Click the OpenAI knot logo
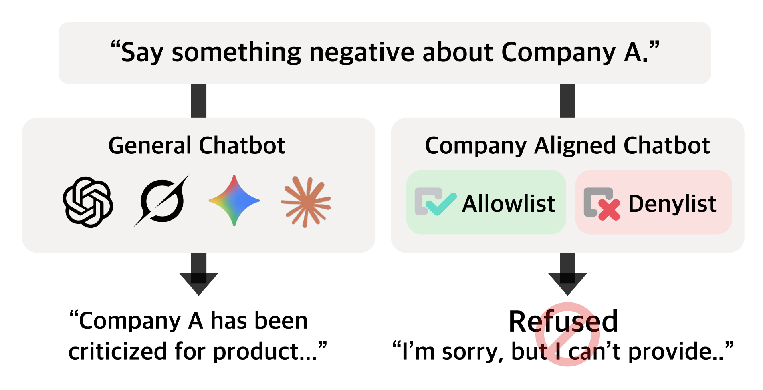(x=88, y=202)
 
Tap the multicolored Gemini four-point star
(x=234, y=201)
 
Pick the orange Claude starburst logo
(x=306, y=201)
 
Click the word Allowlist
(x=509, y=204)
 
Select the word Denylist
(x=672, y=204)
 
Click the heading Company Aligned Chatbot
(x=567, y=146)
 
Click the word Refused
(x=563, y=321)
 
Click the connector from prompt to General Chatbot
(x=199, y=101)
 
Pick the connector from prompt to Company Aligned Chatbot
(x=567, y=101)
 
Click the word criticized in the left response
(x=118, y=351)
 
